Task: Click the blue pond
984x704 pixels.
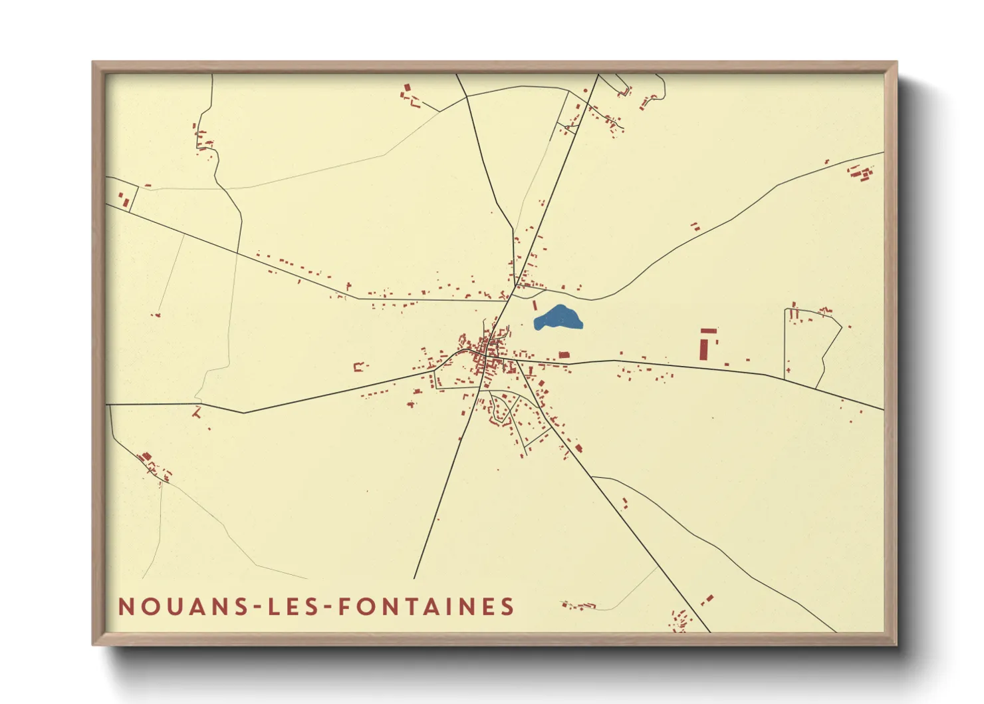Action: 558,318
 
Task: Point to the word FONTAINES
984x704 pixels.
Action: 426,607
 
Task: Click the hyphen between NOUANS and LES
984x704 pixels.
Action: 253,608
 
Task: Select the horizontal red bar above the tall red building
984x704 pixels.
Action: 709,330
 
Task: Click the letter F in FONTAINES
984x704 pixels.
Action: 344,607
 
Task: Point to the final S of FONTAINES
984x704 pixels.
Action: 508,607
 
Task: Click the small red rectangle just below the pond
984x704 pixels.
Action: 564,355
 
